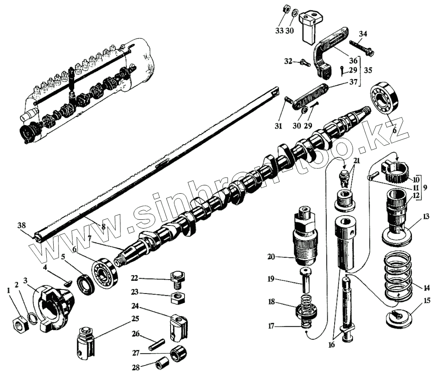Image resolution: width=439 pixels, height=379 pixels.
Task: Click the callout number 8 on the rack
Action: (x=103, y=226)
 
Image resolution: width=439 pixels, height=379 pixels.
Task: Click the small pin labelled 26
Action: (x=153, y=342)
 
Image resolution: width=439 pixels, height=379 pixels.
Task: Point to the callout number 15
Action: (x=427, y=300)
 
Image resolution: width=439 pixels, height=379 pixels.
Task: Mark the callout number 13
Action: (x=426, y=216)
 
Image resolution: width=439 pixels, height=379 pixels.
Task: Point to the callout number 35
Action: (x=368, y=70)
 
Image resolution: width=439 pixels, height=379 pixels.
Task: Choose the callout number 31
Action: (x=278, y=126)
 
